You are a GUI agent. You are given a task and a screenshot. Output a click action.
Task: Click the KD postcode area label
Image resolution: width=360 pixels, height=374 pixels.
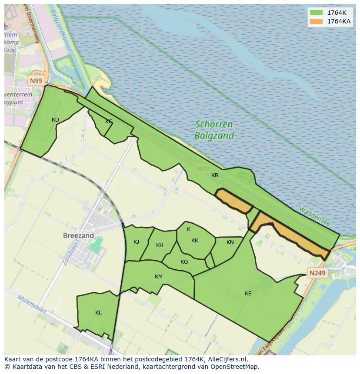[x=55, y=120]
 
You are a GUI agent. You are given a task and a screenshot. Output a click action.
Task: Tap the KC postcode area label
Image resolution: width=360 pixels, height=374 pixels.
[x=109, y=122]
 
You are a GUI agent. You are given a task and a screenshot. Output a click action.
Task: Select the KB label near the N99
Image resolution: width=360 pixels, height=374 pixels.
[x=215, y=175]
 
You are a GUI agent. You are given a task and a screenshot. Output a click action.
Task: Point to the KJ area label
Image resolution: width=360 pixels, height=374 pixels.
[x=137, y=242]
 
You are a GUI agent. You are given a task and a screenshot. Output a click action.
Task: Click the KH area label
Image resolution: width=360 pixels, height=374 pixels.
[x=160, y=245]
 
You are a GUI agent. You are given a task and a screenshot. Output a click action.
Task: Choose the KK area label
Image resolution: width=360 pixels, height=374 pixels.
[x=195, y=241]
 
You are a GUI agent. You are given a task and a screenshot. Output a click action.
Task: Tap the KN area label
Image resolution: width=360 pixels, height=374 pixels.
[x=230, y=242]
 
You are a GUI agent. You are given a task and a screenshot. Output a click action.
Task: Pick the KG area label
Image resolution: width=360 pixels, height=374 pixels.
[x=184, y=262]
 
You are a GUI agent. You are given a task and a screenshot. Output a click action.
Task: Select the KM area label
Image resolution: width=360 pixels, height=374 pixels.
[x=159, y=277]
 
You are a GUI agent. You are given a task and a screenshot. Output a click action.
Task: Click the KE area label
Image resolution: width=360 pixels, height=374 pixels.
[x=248, y=294]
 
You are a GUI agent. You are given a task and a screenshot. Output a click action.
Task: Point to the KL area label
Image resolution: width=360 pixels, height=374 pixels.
[x=98, y=313]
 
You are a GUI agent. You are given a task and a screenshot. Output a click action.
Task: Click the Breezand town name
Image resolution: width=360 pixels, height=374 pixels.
[x=78, y=235]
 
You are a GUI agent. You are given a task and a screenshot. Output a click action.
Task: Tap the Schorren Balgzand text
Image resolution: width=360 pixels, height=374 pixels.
[x=214, y=130]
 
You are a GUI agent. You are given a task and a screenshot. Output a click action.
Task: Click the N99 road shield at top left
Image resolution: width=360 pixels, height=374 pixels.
[x=36, y=81]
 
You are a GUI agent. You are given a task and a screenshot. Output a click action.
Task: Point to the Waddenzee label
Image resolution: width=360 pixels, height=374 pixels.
[x=315, y=216]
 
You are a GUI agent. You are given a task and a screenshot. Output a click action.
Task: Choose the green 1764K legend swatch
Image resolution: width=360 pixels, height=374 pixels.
[x=316, y=13]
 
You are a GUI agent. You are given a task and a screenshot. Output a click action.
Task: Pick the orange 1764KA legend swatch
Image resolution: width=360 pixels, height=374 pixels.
[x=316, y=21]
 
